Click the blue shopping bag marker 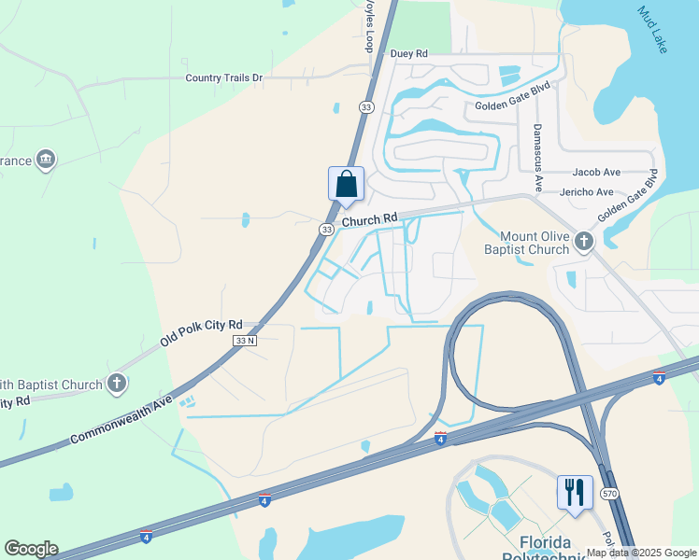[346, 184]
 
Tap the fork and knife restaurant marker [574, 491]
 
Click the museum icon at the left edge [45, 161]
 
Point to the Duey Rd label [408, 55]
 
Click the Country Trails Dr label [223, 78]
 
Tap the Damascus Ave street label [537, 158]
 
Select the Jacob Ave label [597, 173]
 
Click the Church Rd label [370, 220]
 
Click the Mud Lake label [652, 31]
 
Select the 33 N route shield [244, 341]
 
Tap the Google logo [31, 549]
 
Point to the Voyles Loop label [369, 26]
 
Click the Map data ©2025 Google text [641, 553]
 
